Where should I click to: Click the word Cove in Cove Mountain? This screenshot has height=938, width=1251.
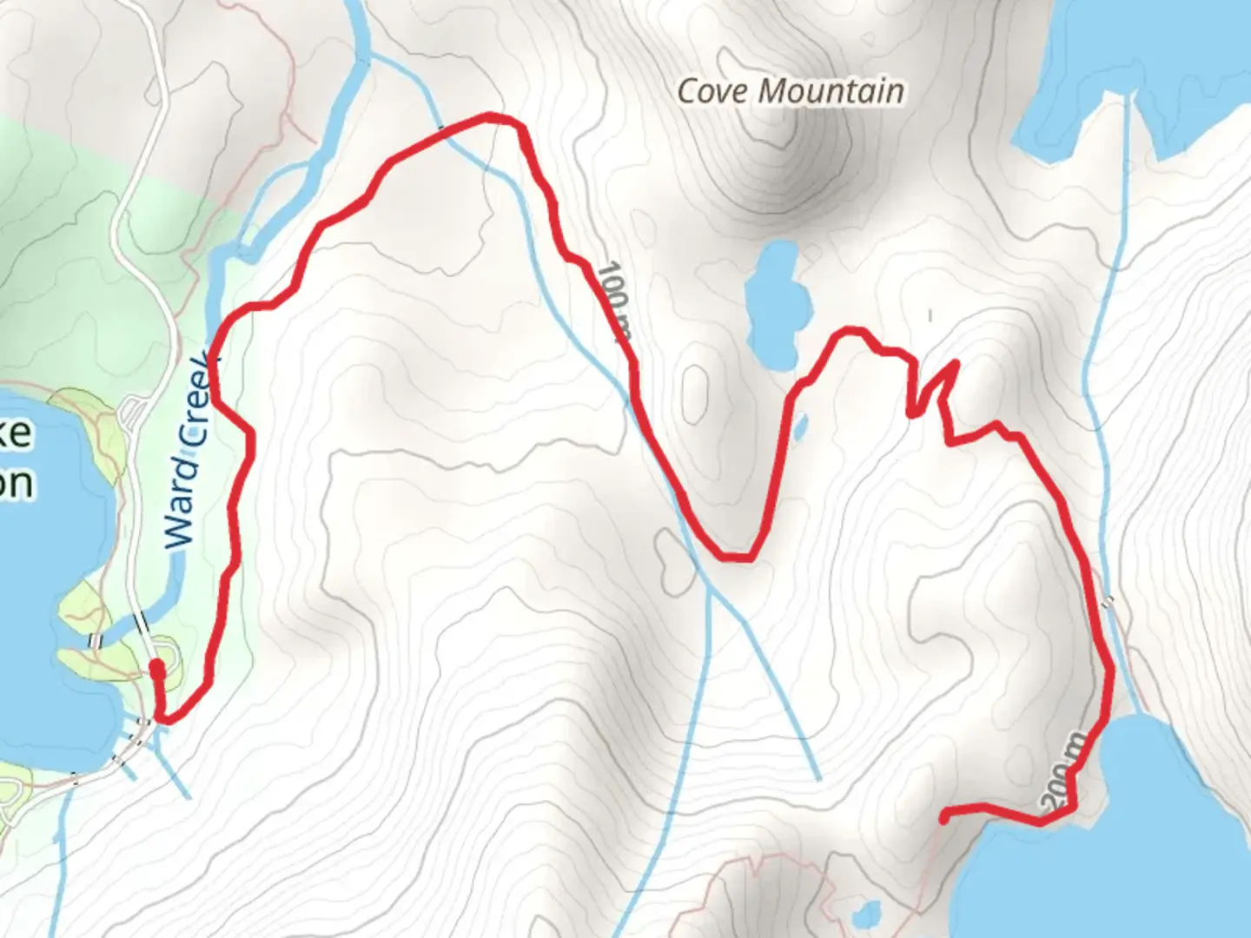(x=713, y=91)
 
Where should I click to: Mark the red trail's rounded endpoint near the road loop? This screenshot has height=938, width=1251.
(x=156, y=668)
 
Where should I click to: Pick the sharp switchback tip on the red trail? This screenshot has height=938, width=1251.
(x=956, y=363)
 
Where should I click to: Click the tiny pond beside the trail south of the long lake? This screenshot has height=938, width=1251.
(x=800, y=426)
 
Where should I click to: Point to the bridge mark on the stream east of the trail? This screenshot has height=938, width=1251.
(x=1108, y=601)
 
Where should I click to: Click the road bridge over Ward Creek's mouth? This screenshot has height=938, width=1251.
(x=141, y=624)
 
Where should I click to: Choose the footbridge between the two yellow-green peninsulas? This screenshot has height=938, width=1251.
(x=95, y=641)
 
